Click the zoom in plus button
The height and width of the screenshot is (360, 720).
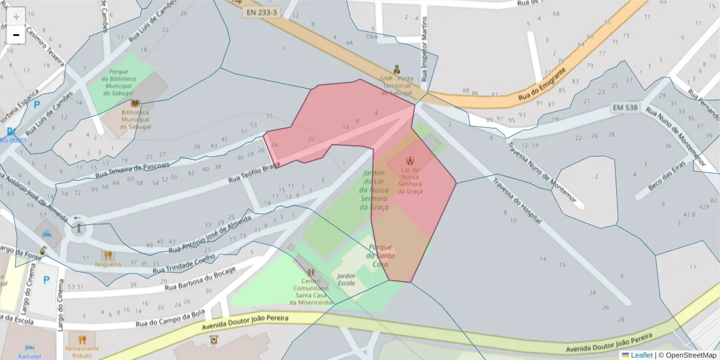click(x=16, y=16)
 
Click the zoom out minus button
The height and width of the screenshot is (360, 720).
click(x=16, y=35)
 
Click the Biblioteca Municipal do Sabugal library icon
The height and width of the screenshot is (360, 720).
click(x=135, y=104)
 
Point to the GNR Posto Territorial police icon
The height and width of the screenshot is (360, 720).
click(x=397, y=68)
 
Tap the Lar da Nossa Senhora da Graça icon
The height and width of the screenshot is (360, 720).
click(x=411, y=160)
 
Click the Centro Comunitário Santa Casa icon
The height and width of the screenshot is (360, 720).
click(x=311, y=272)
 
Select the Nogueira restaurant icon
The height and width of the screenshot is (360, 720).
click(x=108, y=255)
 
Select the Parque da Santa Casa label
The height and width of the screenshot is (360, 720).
click(x=381, y=256)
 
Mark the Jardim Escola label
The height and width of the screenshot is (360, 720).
click(x=346, y=280)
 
